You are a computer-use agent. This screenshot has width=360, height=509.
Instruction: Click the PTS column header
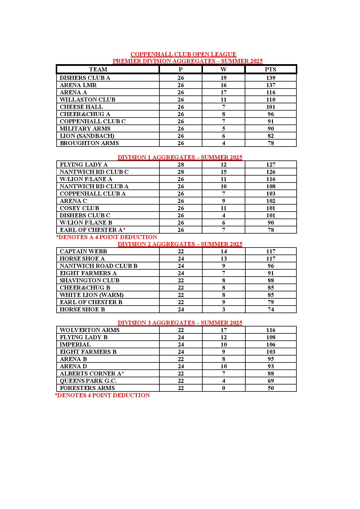271,69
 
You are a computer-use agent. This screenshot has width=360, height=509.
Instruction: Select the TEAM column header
98,69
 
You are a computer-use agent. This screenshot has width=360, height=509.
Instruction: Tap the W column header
223,69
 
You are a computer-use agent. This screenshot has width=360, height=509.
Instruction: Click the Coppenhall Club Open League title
183,54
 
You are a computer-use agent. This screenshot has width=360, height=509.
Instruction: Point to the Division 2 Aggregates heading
180,244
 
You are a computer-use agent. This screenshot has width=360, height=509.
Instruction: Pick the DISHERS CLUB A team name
85,78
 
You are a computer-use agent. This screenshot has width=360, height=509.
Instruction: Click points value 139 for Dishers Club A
271,78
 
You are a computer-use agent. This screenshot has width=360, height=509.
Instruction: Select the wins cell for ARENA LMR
223,85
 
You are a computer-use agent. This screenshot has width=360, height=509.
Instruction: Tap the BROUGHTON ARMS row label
89,143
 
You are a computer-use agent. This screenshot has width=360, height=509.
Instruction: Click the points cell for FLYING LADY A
271,165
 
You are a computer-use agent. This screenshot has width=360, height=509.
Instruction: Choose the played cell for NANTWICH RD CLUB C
181,172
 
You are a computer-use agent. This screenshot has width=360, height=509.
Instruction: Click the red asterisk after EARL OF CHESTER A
124,230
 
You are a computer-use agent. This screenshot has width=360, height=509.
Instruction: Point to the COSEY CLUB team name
79,208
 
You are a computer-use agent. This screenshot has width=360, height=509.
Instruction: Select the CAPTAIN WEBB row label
83,251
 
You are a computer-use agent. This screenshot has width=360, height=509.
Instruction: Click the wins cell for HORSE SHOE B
223,309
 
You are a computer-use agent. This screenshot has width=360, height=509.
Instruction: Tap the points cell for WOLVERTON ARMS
271,330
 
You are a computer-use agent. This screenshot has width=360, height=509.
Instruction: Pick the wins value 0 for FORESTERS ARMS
223,388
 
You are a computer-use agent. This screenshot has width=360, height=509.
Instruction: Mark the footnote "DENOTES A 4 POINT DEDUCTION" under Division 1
107,237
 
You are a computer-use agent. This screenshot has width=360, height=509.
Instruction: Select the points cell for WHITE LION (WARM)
271,295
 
